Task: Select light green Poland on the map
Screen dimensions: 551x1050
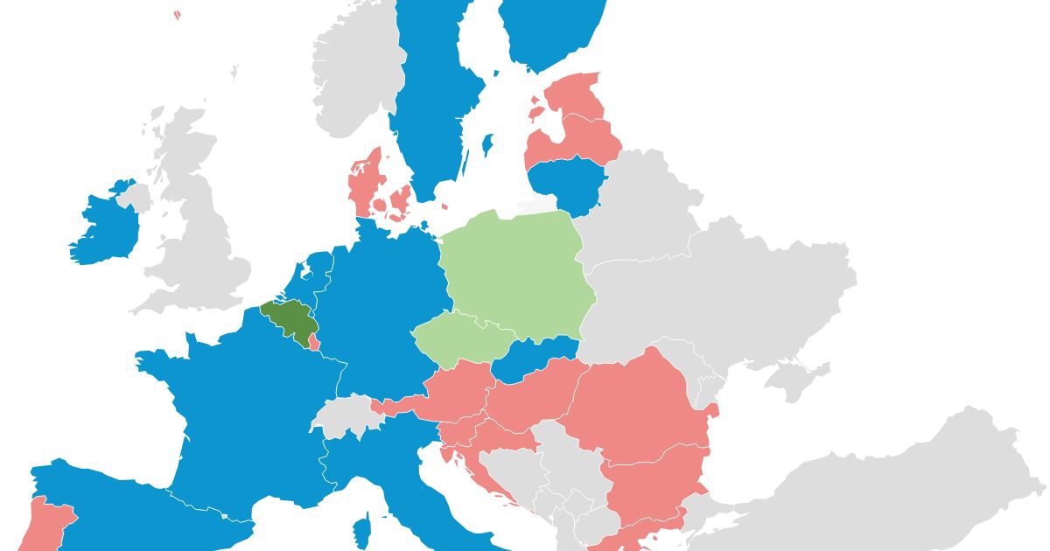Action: (516, 271)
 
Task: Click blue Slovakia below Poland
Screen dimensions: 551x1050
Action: (534, 359)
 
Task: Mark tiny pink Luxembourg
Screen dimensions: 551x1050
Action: (314, 342)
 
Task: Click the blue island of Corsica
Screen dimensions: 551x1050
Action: (361, 530)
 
